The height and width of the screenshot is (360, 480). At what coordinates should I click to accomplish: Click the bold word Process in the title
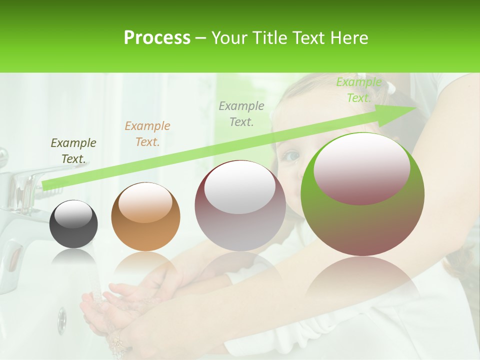(x=157, y=37)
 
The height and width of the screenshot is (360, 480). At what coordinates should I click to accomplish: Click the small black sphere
(x=73, y=223)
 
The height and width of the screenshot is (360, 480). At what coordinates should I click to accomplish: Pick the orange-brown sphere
(x=145, y=216)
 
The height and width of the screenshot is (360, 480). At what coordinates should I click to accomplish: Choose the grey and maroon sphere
(x=240, y=205)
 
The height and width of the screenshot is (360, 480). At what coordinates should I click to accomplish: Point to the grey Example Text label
(x=241, y=114)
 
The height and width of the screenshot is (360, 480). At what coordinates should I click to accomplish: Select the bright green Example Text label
(x=358, y=90)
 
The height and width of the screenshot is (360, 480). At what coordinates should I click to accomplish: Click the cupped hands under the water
(x=107, y=305)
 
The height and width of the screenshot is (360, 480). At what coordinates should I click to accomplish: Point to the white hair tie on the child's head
(x=390, y=88)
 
